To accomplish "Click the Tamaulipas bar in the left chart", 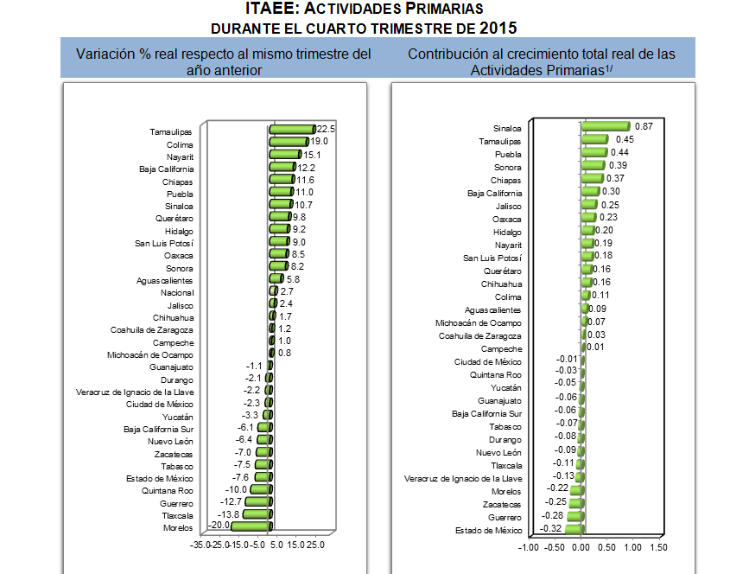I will [291, 130].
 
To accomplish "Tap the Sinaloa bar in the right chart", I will [605, 126].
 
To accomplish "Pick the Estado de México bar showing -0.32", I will [574, 528].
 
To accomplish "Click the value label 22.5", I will [326, 129].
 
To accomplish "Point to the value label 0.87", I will [643, 126].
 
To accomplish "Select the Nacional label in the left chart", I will [176, 293].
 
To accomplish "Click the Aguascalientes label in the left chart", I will [165, 281].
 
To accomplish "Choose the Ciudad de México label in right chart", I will [487, 361].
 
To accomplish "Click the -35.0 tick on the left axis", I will [204, 545].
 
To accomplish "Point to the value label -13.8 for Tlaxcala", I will [228, 514].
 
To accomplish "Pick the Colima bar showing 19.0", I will [289, 142].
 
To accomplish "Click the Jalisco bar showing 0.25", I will [589, 206].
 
